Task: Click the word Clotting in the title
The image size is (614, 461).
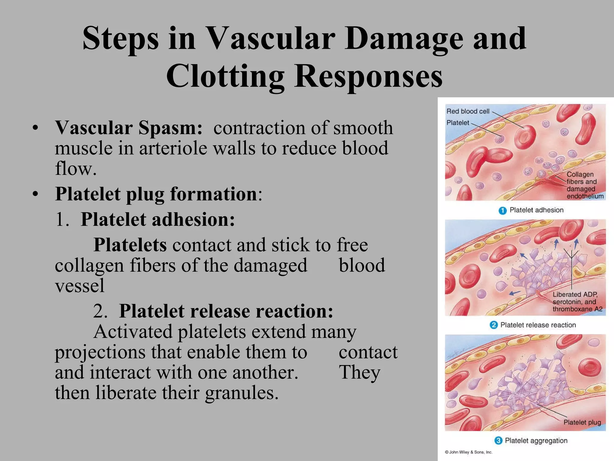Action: (225, 76)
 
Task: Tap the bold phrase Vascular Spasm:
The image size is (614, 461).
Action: (129, 128)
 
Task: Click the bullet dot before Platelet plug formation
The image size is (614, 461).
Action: (36, 194)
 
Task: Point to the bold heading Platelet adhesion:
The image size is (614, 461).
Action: (158, 219)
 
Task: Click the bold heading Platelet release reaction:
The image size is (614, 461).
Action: (226, 311)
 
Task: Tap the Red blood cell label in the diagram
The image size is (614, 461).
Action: (468, 111)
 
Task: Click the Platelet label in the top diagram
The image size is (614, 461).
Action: (458, 123)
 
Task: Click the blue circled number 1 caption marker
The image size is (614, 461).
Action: (502, 210)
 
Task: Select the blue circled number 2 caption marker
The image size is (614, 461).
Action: (493, 325)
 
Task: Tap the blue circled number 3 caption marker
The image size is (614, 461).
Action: (498, 441)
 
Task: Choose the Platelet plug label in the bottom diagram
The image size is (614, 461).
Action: (582, 422)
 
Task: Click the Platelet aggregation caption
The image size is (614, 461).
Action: (536, 441)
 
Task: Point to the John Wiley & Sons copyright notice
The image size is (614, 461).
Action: (468, 452)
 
